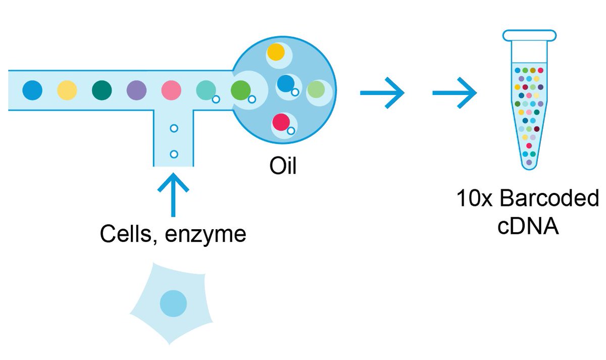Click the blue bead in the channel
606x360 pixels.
[x=33, y=90]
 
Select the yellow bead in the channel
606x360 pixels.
[x=67, y=90]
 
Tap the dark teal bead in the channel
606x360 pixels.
[x=102, y=90]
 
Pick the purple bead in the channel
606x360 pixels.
[x=136, y=90]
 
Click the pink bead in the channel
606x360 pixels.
[x=171, y=90]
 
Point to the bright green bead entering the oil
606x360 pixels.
[x=240, y=90]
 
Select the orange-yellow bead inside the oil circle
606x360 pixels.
[x=276, y=53]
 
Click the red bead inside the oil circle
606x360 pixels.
[x=281, y=123]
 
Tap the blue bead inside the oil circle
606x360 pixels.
[x=286, y=83]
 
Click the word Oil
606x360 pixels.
[x=283, y=166]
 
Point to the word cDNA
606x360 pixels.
[x=528, y=226]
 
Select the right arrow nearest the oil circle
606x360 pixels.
[x=383, y=93]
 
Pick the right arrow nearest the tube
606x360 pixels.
[x=455, y=93]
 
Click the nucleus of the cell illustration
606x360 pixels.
[x=173, y=303]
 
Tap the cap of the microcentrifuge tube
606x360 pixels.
[x=529, y=35]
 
